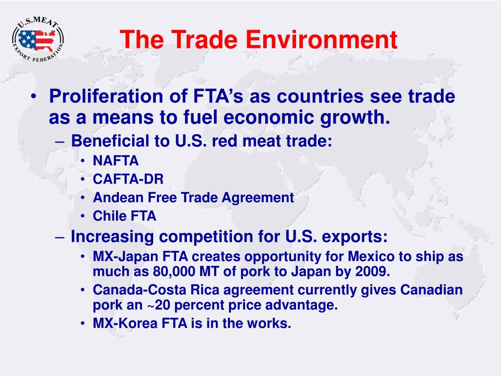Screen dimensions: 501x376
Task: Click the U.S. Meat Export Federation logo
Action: point(38,39)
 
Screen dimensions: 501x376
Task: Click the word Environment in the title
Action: point(321,39)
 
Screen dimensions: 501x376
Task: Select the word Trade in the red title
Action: point(205,39)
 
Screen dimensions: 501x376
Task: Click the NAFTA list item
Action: point(115,161)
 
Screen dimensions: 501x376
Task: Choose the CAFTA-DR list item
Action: point(128,179)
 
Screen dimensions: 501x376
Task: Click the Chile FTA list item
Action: point(125,216)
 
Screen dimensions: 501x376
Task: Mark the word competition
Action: point(206,237)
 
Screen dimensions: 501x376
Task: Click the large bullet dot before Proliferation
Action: point(33,96)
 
